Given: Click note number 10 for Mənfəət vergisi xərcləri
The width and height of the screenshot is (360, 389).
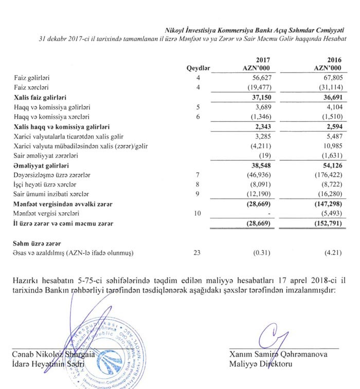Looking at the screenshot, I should [205, 213].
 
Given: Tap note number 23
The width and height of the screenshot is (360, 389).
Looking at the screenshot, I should [205, 252].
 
